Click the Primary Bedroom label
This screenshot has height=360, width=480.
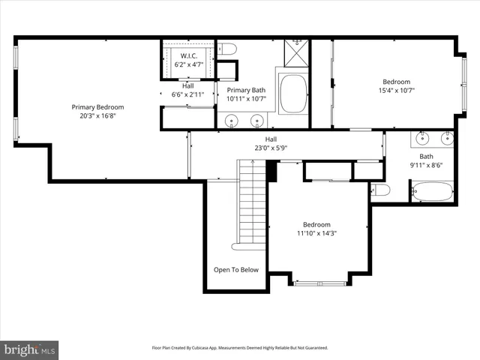tap(97, 107)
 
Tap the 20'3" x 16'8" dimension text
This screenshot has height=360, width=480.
tap(97, 116)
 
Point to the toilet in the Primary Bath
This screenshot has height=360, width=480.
tap(229, 49)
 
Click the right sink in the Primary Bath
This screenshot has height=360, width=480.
tap(256, 119)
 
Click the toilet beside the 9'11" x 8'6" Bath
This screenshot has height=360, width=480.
tap(380, 190)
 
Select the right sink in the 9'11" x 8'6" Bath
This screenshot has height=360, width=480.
tap(448, 138)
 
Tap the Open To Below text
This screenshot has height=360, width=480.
tap(236, 270)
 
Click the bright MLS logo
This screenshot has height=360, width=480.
tap(30, 349)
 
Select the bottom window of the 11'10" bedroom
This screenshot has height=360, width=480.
tap(320, 283)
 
